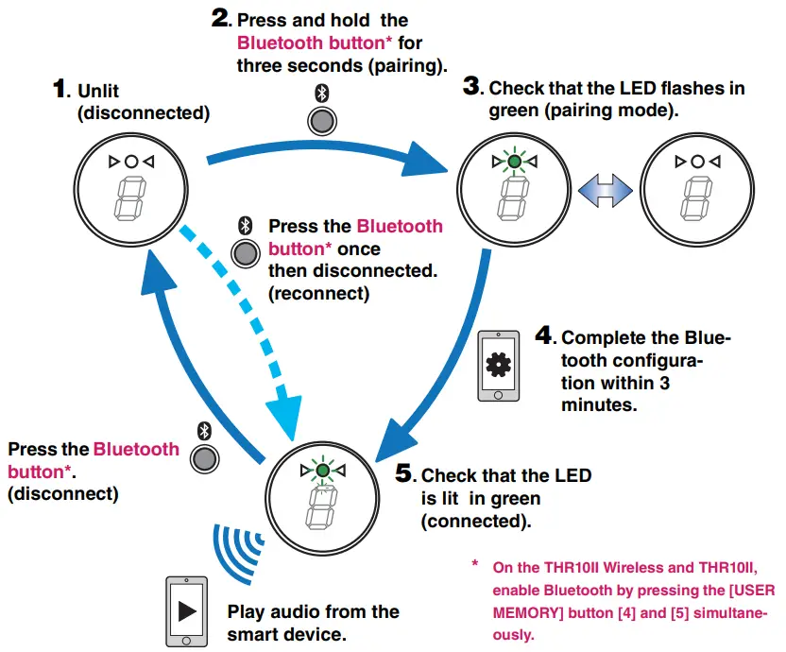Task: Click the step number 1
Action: click(x=61, y=90)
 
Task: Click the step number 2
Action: click(x=221, y=19)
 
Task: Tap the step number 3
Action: click(x=472, y=88)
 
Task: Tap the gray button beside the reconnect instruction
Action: click(x=245, y=252)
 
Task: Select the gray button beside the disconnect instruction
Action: click(x=203, y=458)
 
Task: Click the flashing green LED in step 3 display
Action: click(x=514, y=163)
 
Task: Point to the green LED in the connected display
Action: click(x=323, y=470)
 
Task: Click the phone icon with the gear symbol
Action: click(x=497, y=365)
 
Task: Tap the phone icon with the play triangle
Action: click(x=186, y=609)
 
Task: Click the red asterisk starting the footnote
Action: click(x=475, y=565)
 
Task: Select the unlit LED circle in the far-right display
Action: click(x=697, y=163)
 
